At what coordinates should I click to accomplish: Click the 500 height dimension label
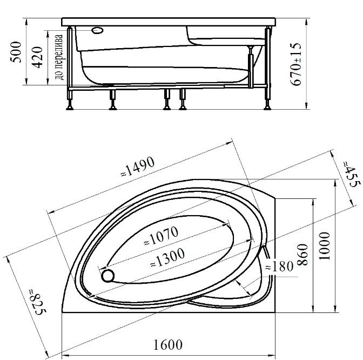tap(16, 52)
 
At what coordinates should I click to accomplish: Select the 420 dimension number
tap(37, 57)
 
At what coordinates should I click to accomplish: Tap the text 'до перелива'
tap(59, 57)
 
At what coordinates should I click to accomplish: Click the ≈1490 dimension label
tap(138, 166)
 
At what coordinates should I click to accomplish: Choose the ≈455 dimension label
tap(352, 174)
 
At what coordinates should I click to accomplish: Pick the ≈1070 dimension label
tap(162, 236)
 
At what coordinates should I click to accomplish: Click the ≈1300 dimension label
tap(167, 257)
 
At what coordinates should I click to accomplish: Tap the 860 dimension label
tap(302, 255)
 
